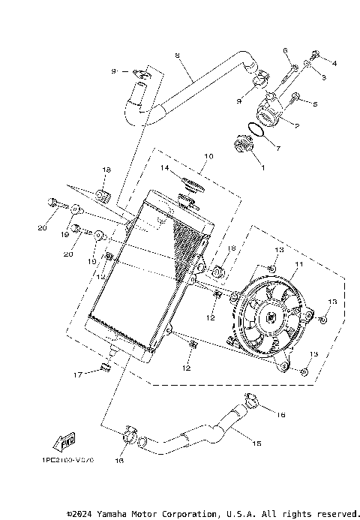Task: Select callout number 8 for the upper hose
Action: (178, 56)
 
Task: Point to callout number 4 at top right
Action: (334, 63)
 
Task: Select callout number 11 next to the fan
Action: (298, 266)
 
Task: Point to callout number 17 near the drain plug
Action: (76, 374)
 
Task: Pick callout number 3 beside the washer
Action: (324, 77)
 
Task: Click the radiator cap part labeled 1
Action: (244, 144)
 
